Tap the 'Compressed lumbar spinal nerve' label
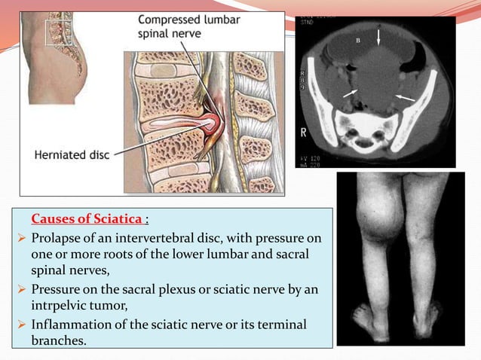(189, 28)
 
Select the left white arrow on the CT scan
(348, 93)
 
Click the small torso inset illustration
(57, 53)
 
